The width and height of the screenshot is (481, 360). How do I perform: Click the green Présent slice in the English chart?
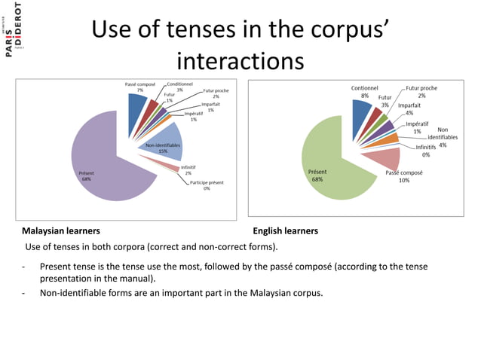(332, 162)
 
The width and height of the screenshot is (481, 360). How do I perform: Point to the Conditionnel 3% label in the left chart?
(179, 87)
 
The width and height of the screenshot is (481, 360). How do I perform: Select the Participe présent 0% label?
(205, 185)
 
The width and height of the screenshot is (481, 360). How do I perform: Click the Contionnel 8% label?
(365, 92)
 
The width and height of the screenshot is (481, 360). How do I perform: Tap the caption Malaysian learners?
(60, 230)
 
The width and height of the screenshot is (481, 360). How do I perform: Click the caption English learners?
(285, 230)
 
